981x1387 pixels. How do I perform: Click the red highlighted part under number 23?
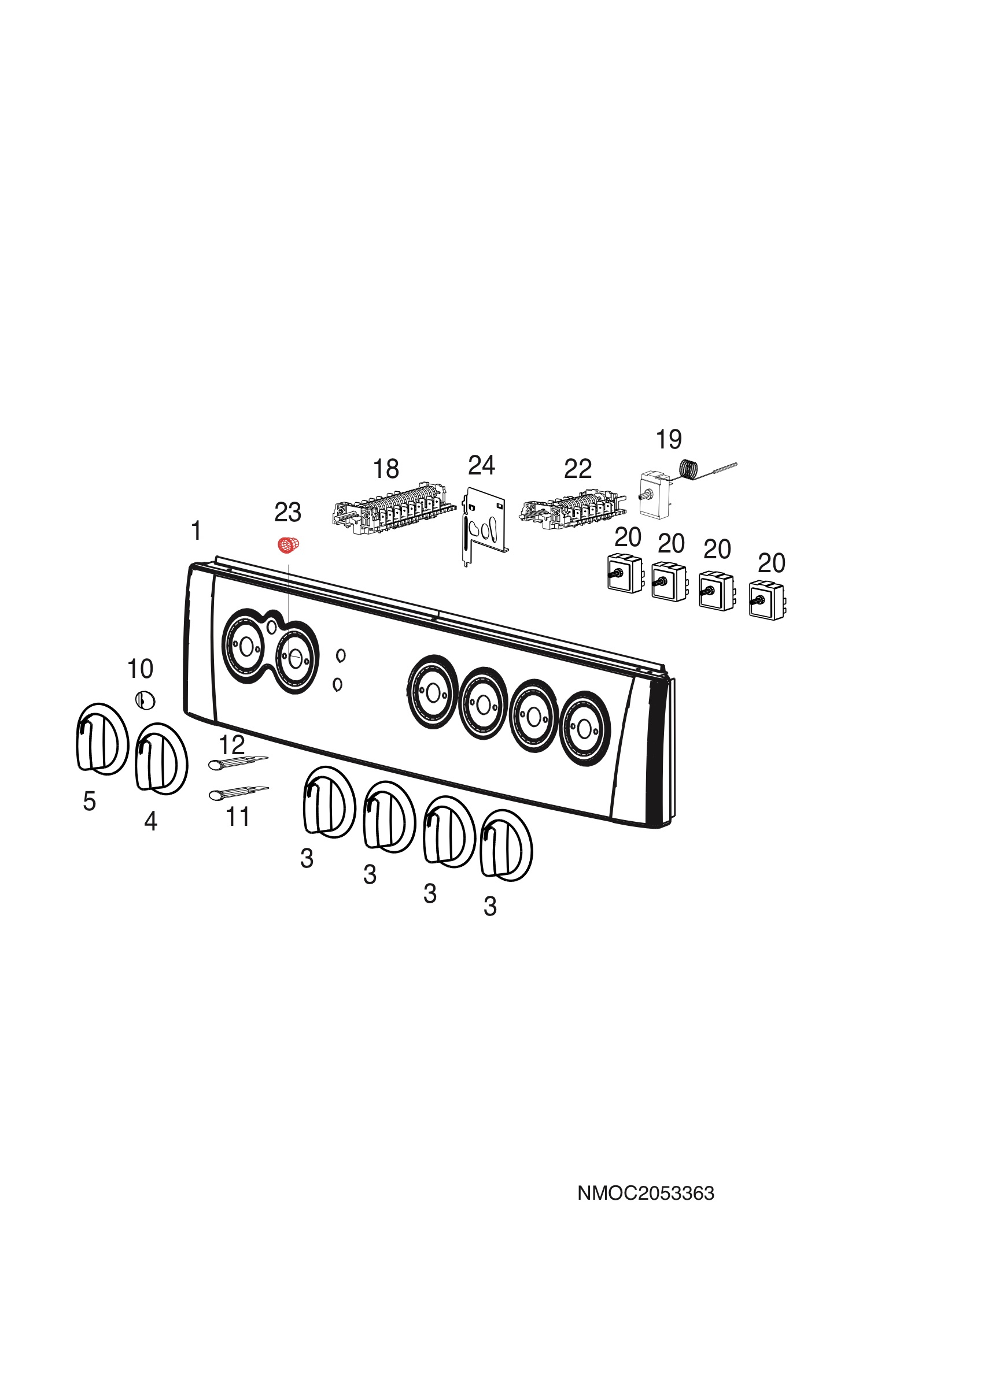coord(289,545)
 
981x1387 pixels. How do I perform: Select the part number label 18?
coord(386,469)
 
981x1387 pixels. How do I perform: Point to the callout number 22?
coord(577,469)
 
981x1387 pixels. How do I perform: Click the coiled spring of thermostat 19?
coord(689,470)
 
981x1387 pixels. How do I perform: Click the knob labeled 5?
coord(102,739)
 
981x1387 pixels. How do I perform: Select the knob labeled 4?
coord(161,759)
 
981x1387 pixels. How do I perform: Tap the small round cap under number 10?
coord(145,701)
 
